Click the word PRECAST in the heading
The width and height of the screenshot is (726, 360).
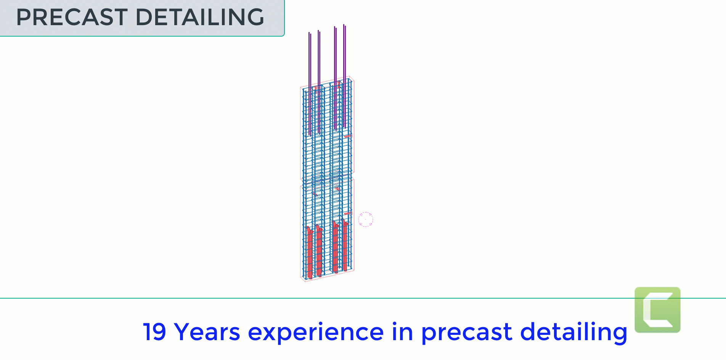[x=72, y=17]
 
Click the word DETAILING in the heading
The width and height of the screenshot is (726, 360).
[x=199, y=17]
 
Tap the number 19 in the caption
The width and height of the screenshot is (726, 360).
[x=154, y=332]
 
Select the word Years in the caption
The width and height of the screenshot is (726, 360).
[x=207, y=332]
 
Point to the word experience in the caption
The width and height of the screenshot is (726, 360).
[x=316, y=333]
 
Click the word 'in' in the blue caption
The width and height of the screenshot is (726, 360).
[x=402, y=331]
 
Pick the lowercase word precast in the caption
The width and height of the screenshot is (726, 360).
[x=467, y=333]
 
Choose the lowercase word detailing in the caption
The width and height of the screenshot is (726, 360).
[x=574, y=332]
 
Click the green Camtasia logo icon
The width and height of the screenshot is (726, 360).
[x=657, y=310]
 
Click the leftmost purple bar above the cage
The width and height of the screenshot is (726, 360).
[x=310, y=84]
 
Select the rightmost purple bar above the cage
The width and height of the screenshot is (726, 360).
[x=344, y=76]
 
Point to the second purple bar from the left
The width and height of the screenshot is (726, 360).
[x=319, y=82]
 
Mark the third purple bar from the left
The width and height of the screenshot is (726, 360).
[x=335, y=78]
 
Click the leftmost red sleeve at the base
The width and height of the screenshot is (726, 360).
[x=310, y=252]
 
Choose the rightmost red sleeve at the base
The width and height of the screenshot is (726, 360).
[x=345, y=245]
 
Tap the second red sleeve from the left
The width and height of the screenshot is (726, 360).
[x=319, y=251]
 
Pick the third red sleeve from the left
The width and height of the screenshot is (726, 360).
[x=335, y=247]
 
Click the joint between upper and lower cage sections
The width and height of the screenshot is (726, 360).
[x=327, y=179]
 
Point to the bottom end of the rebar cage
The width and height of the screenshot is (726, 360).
[x=327, y=275]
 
